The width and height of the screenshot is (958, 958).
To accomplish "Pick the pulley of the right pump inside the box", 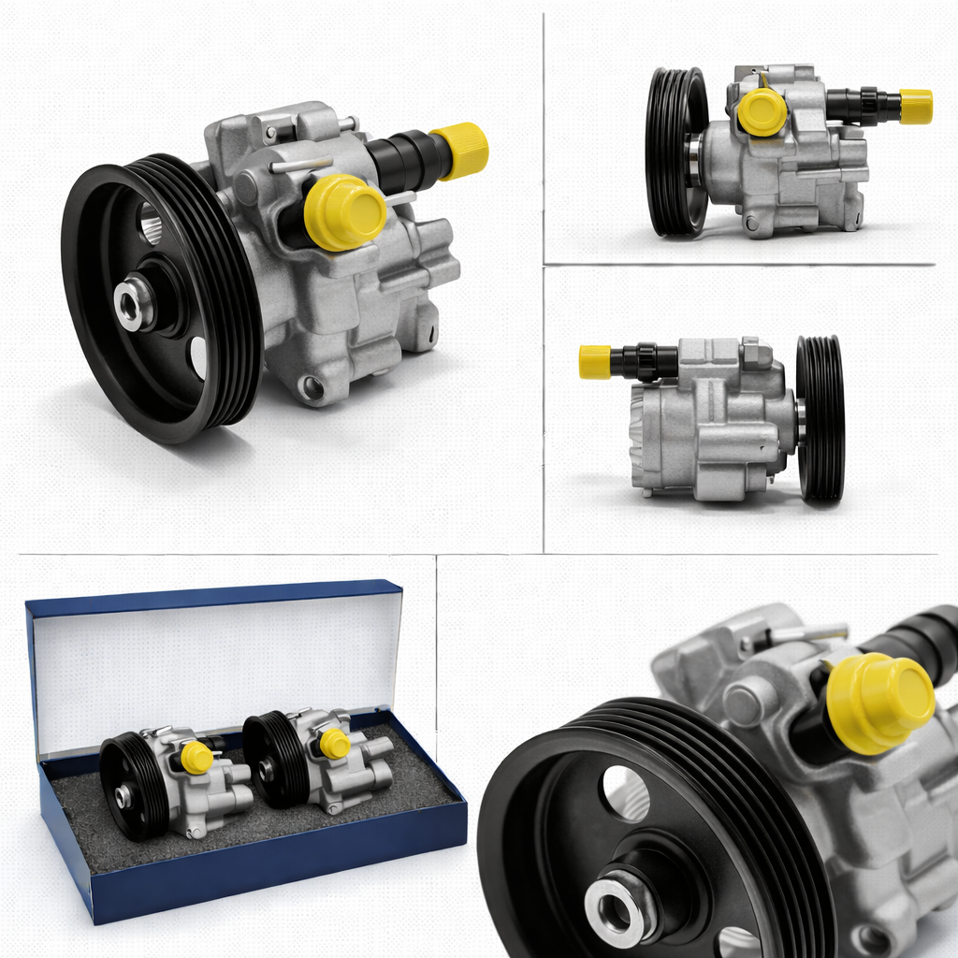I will [271, 759].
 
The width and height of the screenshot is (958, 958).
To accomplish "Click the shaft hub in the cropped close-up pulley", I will [621, 903].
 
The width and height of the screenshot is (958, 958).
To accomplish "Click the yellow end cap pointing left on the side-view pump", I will [594, 362].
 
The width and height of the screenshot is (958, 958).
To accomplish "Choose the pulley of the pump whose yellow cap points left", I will [820, 419].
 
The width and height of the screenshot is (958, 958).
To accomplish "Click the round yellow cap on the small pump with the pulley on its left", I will [762, 111].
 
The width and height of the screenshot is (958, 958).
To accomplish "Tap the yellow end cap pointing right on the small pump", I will [916, 107].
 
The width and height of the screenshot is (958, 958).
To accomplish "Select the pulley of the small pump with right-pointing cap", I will [675, 152].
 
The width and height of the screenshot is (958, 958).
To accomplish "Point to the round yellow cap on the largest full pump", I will [345, 212].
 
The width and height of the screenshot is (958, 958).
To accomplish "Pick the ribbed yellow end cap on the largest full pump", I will [459, 150].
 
